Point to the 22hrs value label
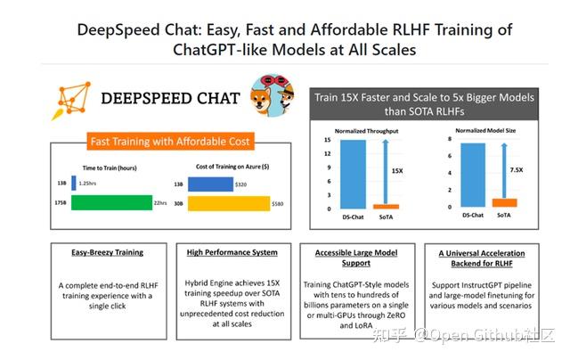click(x=161, y=203)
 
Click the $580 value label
click(x=280, y=203)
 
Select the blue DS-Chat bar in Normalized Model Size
click(x=475, y=176)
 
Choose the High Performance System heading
click(x=232, y=253)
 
